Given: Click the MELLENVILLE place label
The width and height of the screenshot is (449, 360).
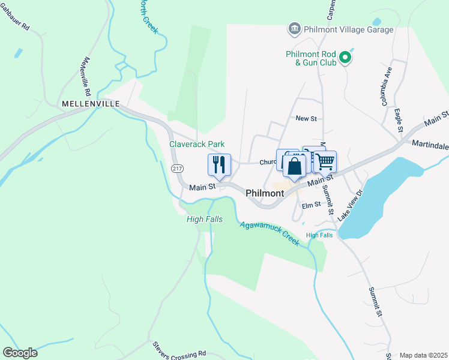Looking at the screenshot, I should click(91, 104).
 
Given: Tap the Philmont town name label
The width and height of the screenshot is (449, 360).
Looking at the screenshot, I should click(265, 193).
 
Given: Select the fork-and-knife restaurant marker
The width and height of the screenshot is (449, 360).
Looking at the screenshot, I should click(219, 165).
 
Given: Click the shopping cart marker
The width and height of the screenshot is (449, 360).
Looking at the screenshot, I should click(325, 161).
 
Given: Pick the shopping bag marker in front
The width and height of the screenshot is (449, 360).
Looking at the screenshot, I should click(295, 166).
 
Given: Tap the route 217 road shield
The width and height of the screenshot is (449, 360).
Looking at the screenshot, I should click(176, 169).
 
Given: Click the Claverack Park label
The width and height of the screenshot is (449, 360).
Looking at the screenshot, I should click(197, 144).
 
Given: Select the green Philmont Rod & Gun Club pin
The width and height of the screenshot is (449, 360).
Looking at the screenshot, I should click(345, 58).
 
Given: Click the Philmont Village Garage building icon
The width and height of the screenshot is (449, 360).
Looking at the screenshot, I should click(294, 29).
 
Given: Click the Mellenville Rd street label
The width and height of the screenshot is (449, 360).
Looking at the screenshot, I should click(88, 77).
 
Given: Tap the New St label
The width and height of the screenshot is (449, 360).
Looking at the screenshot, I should click(306, 119).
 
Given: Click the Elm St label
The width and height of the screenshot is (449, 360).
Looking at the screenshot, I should click(312, 205).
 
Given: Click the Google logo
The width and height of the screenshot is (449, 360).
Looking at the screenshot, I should click(20, 352).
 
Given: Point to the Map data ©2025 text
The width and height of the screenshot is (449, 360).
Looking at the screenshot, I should click(423, 355).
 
